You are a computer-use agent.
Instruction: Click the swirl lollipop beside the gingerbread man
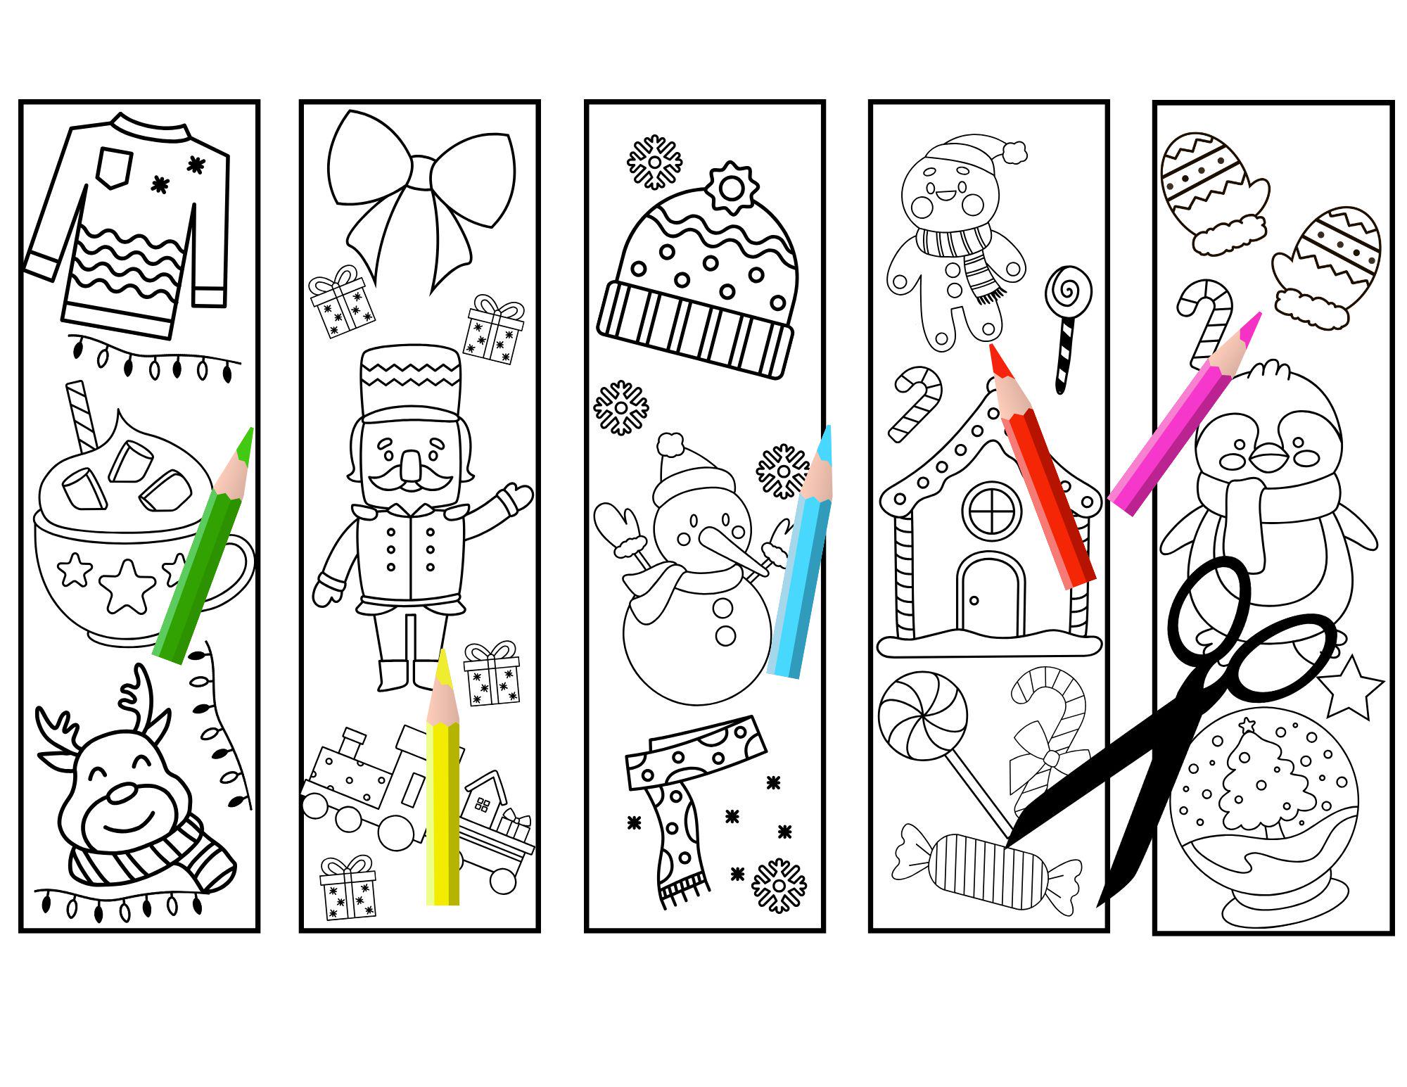1068,290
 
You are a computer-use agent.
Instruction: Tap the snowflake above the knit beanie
654,163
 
